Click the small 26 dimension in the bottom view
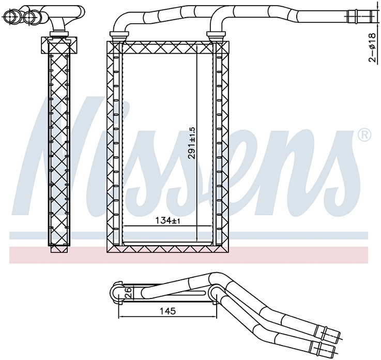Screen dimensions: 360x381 (127, 293)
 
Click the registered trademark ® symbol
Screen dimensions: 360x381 (364, 136)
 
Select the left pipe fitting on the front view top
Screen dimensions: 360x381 (119, 36)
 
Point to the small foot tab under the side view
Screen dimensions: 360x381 (59, 249)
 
